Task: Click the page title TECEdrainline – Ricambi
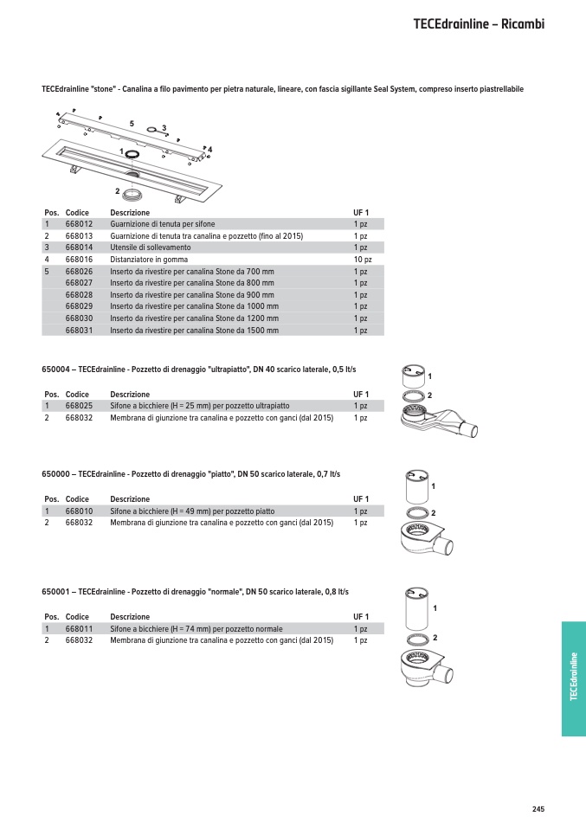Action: coord(479,23)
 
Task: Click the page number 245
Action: coord(538,809)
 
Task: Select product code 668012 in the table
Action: coord(79,224)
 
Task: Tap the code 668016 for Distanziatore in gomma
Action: coord(79,260)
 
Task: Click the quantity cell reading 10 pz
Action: coord(362,260)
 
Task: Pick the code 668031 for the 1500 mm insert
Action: coord(79,331)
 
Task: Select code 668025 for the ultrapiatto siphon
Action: coord(79,406)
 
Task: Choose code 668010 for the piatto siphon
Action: coord(79,511)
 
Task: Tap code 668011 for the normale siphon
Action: coord(79,629)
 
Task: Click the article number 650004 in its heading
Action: coord(54,370)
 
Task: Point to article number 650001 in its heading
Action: coord(54,592)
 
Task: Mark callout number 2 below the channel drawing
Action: coord(117,190)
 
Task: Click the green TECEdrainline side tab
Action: coord(573,678)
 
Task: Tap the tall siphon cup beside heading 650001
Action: coord(415,611)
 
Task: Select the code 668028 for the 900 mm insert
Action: coord(79,295)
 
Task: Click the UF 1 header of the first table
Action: coord(361,213)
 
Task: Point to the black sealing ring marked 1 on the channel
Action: coord(132,153)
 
